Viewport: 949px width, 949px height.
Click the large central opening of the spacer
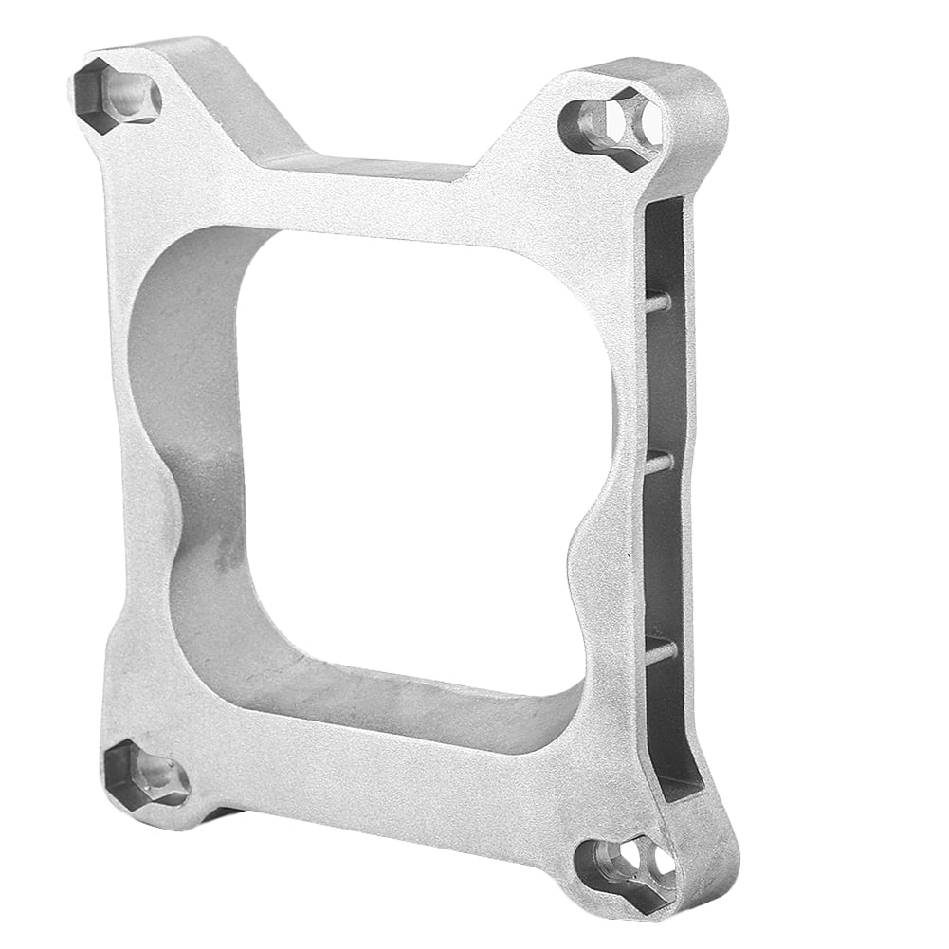click(x=417, y=455)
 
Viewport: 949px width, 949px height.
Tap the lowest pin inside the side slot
click(x=661, y=650)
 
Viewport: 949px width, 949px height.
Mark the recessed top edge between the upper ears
click(x=379, y=167)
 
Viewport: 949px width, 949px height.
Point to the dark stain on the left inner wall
click(x=228, y=555)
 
